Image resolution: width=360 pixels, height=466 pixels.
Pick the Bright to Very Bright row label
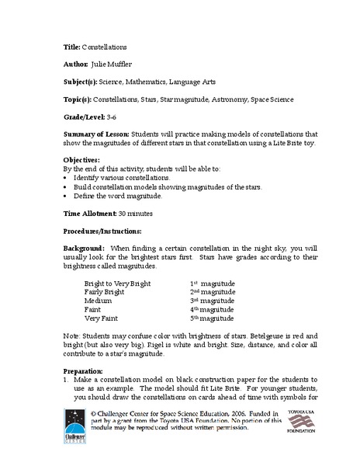tap(123, 284)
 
